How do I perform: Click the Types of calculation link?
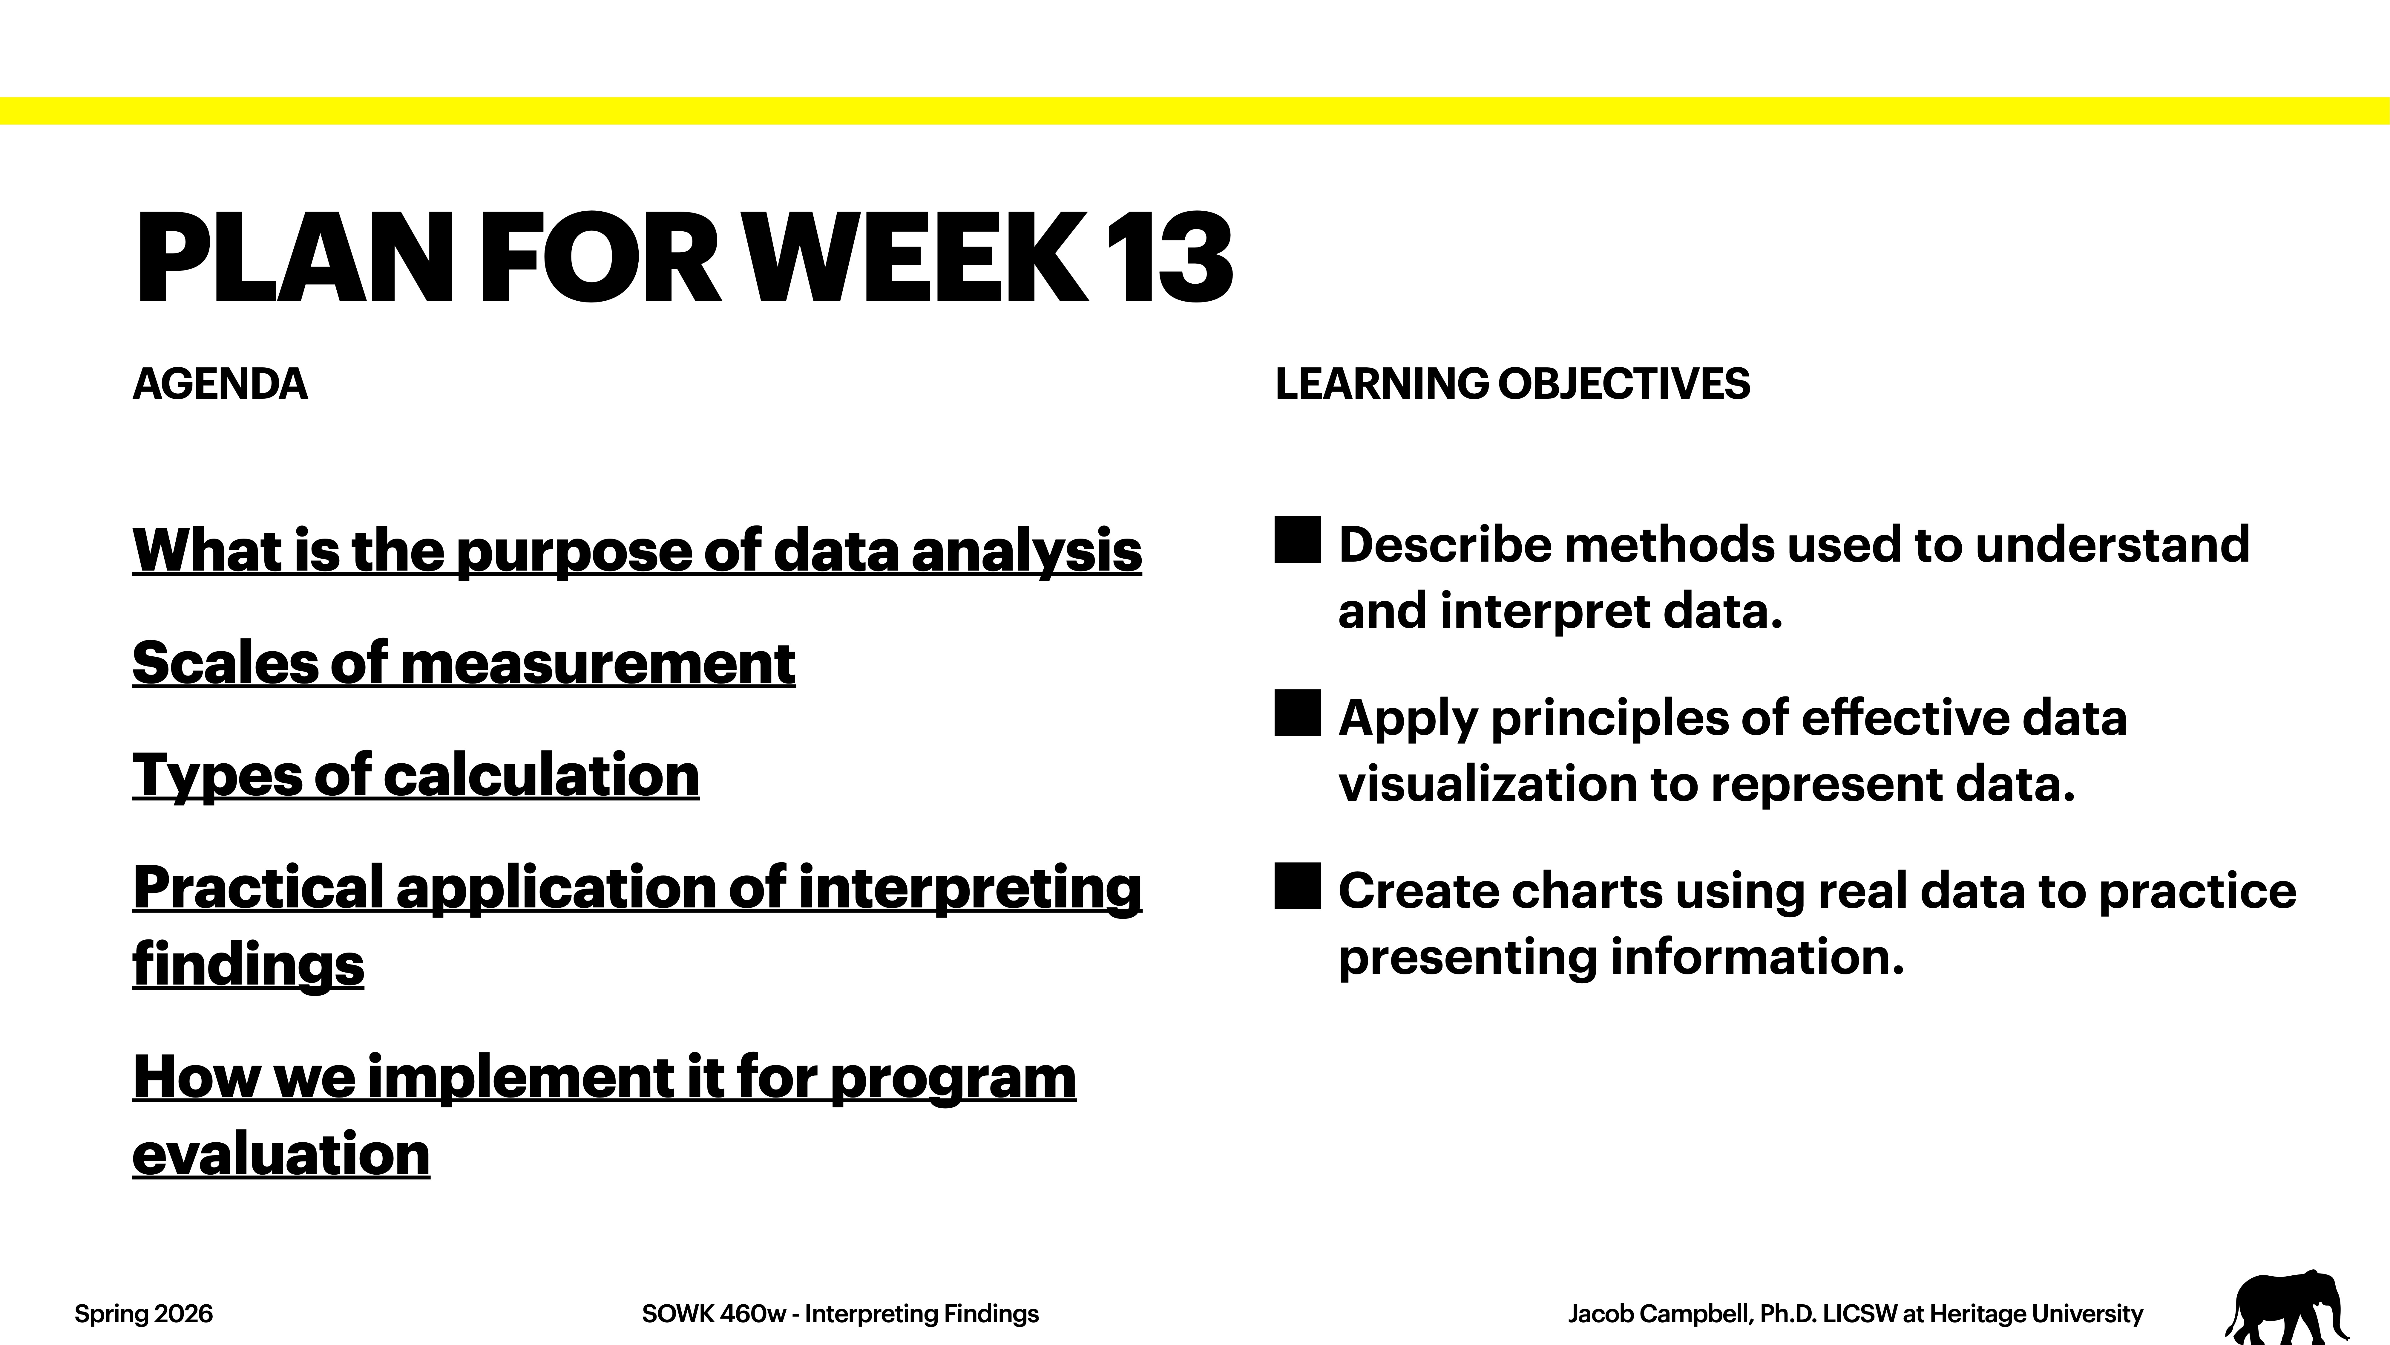pos(416,775)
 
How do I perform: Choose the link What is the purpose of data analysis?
pos(637,551)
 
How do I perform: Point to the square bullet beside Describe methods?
pos(1297,540)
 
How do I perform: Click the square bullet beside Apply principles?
pos(1297,713)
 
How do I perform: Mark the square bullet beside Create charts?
pos(1297,886)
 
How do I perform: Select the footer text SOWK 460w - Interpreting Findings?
pos(840,1313)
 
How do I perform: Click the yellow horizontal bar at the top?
pos(1195,111)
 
